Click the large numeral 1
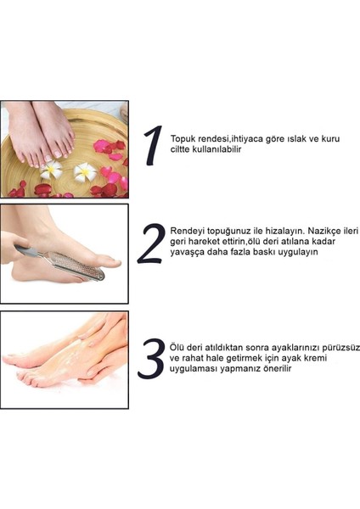pyautogui.click(x=154, y=146)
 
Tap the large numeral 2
pyautogui.click(x=151, y=243)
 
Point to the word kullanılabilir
pyautogui.click(x=221, y=149)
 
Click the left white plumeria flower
pyautogui.click(x=51, y=169)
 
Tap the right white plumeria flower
pyautogui.click(x=85, y=172)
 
